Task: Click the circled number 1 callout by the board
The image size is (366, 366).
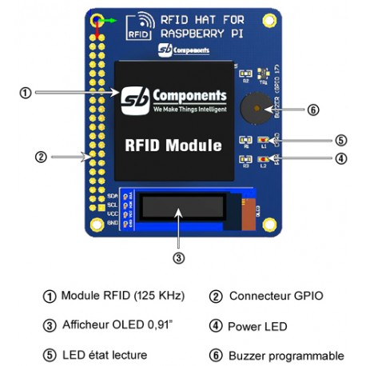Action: (26, 93)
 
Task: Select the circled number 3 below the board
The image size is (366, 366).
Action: (179, 258)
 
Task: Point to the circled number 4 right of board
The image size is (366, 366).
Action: (340, 158)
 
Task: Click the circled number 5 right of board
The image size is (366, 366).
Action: (340, 138)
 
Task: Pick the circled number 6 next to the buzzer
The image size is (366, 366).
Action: (312, 110)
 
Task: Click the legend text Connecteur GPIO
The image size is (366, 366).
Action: (276, 296)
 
